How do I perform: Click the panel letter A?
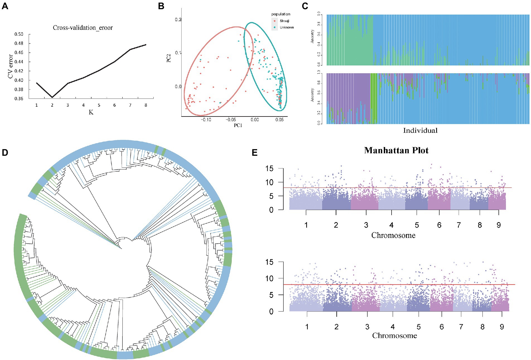5,6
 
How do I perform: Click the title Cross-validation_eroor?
83,28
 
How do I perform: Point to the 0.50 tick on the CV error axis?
19,34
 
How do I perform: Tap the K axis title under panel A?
91,112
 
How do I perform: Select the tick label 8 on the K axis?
146,105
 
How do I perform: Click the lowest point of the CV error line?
52,97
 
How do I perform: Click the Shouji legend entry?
284,21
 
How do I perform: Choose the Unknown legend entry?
286,27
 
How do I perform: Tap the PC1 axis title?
238,125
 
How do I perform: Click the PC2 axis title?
169,58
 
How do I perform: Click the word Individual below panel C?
420,130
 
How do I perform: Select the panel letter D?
5,153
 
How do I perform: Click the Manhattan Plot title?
396,150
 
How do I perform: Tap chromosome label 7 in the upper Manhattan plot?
459,225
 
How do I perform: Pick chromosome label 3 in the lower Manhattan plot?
367,327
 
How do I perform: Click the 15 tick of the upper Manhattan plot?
269,169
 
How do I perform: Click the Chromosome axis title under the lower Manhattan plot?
394,335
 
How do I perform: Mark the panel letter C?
305,6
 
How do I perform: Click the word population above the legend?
281,14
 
